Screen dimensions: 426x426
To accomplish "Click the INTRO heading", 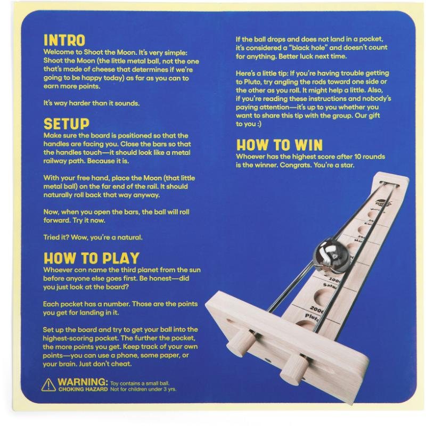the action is coord(64,40).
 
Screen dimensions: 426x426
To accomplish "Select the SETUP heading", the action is coord(66,124).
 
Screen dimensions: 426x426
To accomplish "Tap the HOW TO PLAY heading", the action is coord(91,258).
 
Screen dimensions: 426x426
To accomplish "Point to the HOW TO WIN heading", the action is coord(280,145).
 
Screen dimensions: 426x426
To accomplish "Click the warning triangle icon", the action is coord(48,385).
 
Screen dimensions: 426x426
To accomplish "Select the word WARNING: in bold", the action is coord(83,382).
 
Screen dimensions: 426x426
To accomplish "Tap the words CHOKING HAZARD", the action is coord(83,389).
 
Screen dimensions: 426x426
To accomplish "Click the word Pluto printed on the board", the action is coord(312,317).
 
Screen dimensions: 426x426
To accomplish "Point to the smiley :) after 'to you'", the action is coord(259,124).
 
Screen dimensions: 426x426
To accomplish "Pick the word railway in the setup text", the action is coord(54,161).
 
